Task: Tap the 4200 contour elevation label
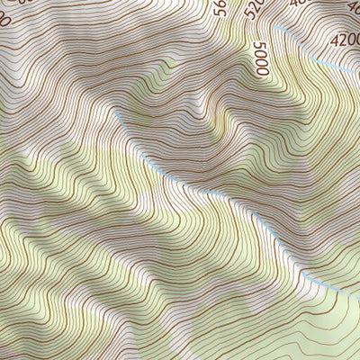click(x=345, y=40)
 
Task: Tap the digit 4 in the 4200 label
click(x=334, y=40)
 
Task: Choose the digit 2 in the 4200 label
click(x=342, y=40)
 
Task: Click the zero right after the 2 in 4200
click(x=349, y=40)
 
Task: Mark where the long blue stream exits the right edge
click(x=358, y=289)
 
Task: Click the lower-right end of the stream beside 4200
click(x=355, y=72)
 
